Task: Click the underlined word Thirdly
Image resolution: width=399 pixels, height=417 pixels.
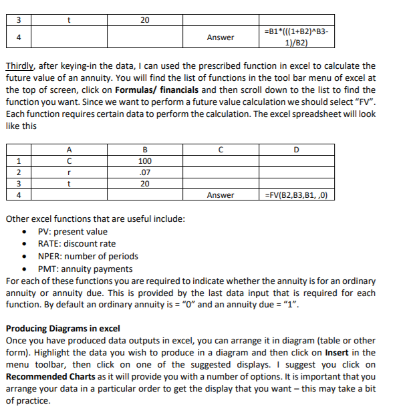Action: (x=20, y=66)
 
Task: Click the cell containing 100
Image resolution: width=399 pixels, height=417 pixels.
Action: (x=144, y=161)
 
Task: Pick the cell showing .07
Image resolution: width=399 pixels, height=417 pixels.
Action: (x=144, y=172)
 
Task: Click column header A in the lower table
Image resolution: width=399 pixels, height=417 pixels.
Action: (x=69, y=150)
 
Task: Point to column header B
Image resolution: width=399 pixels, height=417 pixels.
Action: (x=144, y=150)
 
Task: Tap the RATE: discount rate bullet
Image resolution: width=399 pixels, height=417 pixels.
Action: (x=76, y=244)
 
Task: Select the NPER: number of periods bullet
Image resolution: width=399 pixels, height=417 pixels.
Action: (x=88, y=256)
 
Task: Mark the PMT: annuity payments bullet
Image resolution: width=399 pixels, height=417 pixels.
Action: (x=85, y=269)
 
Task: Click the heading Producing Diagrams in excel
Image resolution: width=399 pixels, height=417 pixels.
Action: (x=63, y=328)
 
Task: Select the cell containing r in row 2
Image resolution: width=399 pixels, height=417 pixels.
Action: (x=69, y=172)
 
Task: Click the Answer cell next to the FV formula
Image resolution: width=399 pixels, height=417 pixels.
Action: (x=221, y=195)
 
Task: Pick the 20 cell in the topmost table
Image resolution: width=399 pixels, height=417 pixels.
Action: (x=144, y=20)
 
